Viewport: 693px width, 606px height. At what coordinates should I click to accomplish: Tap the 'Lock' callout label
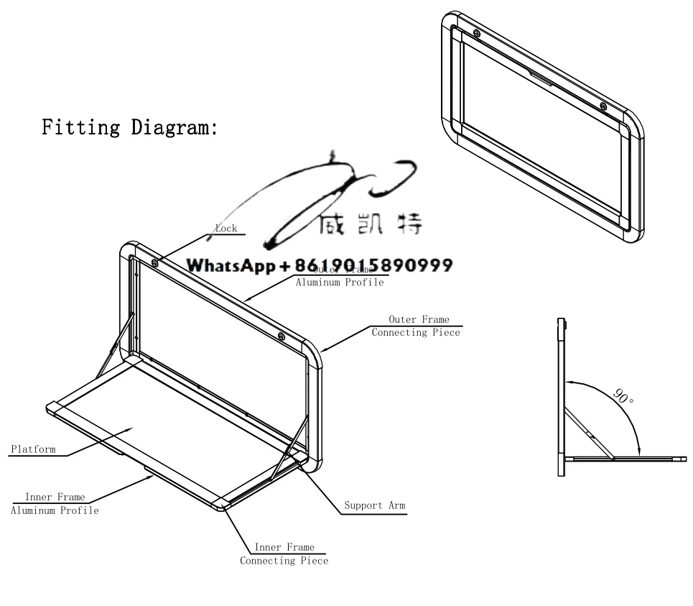(x=226, y=229)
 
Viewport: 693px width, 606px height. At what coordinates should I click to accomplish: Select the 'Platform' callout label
(x=33, y=449)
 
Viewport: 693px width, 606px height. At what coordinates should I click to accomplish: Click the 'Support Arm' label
(x=374, y=505)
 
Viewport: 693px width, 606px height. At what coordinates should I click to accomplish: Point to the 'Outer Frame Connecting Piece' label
(x=415, y=326)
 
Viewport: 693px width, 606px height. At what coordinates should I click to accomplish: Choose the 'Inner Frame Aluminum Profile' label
(x=55, y=503)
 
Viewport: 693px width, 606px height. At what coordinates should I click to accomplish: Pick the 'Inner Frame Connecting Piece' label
(x=284, y=554)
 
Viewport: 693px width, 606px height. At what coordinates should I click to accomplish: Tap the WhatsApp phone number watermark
(x=320, y=265)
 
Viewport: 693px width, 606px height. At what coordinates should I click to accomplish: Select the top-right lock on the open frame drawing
(x=281, y=336)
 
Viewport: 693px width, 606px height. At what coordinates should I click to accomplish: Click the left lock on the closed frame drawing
(x=477, y=32)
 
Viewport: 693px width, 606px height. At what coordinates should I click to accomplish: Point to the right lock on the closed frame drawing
(x=603, y=107)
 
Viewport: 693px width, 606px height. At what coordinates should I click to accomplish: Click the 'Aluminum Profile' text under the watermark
(x=340, y=283)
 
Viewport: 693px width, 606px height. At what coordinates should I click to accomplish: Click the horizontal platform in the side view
(x=625, y=458)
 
